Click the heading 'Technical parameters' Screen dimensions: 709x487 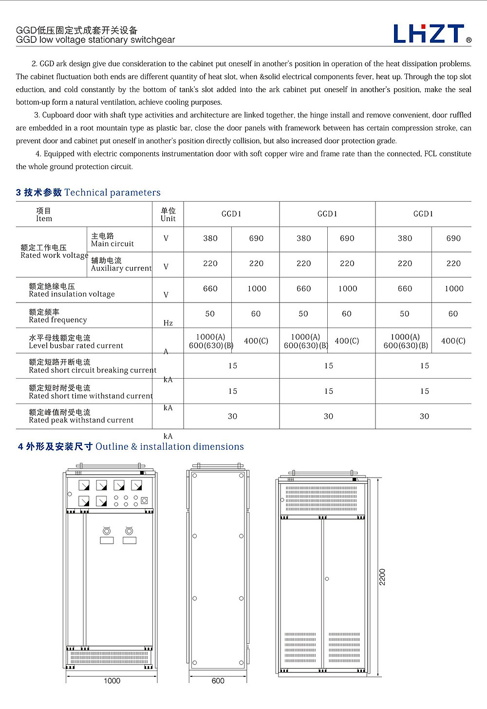[112, 192]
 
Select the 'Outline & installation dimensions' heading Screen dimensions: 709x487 [169, 446]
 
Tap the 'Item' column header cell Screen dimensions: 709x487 [44, 215]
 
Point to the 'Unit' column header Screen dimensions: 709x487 [168, 215]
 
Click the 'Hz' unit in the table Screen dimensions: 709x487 [168, 323]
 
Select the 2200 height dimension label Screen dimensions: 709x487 [382, 577]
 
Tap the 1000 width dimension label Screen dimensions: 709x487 [112, 681]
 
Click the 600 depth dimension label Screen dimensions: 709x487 [218, 681]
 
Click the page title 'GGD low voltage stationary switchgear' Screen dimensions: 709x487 [95, 40]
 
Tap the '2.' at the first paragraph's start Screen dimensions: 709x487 [35, 64]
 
